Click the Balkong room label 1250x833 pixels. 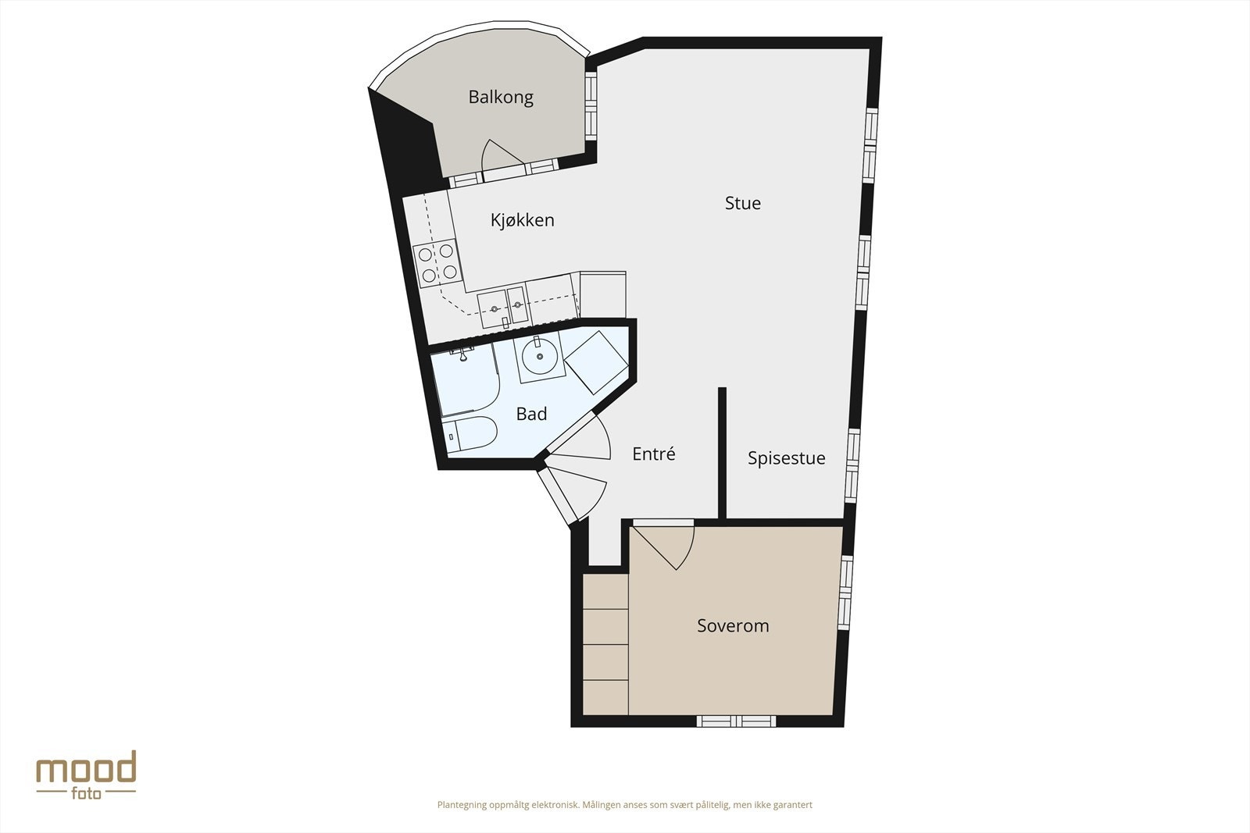point(501,98)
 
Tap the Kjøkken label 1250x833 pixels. point(522,220)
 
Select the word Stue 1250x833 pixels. point(742,204)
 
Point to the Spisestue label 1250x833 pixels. point(786,458)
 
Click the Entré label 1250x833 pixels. point(653,454)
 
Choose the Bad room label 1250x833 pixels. point(531,414)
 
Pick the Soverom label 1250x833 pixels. point(733,625)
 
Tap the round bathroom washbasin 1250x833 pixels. point(539,360)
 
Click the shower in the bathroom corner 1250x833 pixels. point(465,383)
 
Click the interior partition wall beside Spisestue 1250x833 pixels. point(723,453)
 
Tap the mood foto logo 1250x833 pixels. point(86,774)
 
